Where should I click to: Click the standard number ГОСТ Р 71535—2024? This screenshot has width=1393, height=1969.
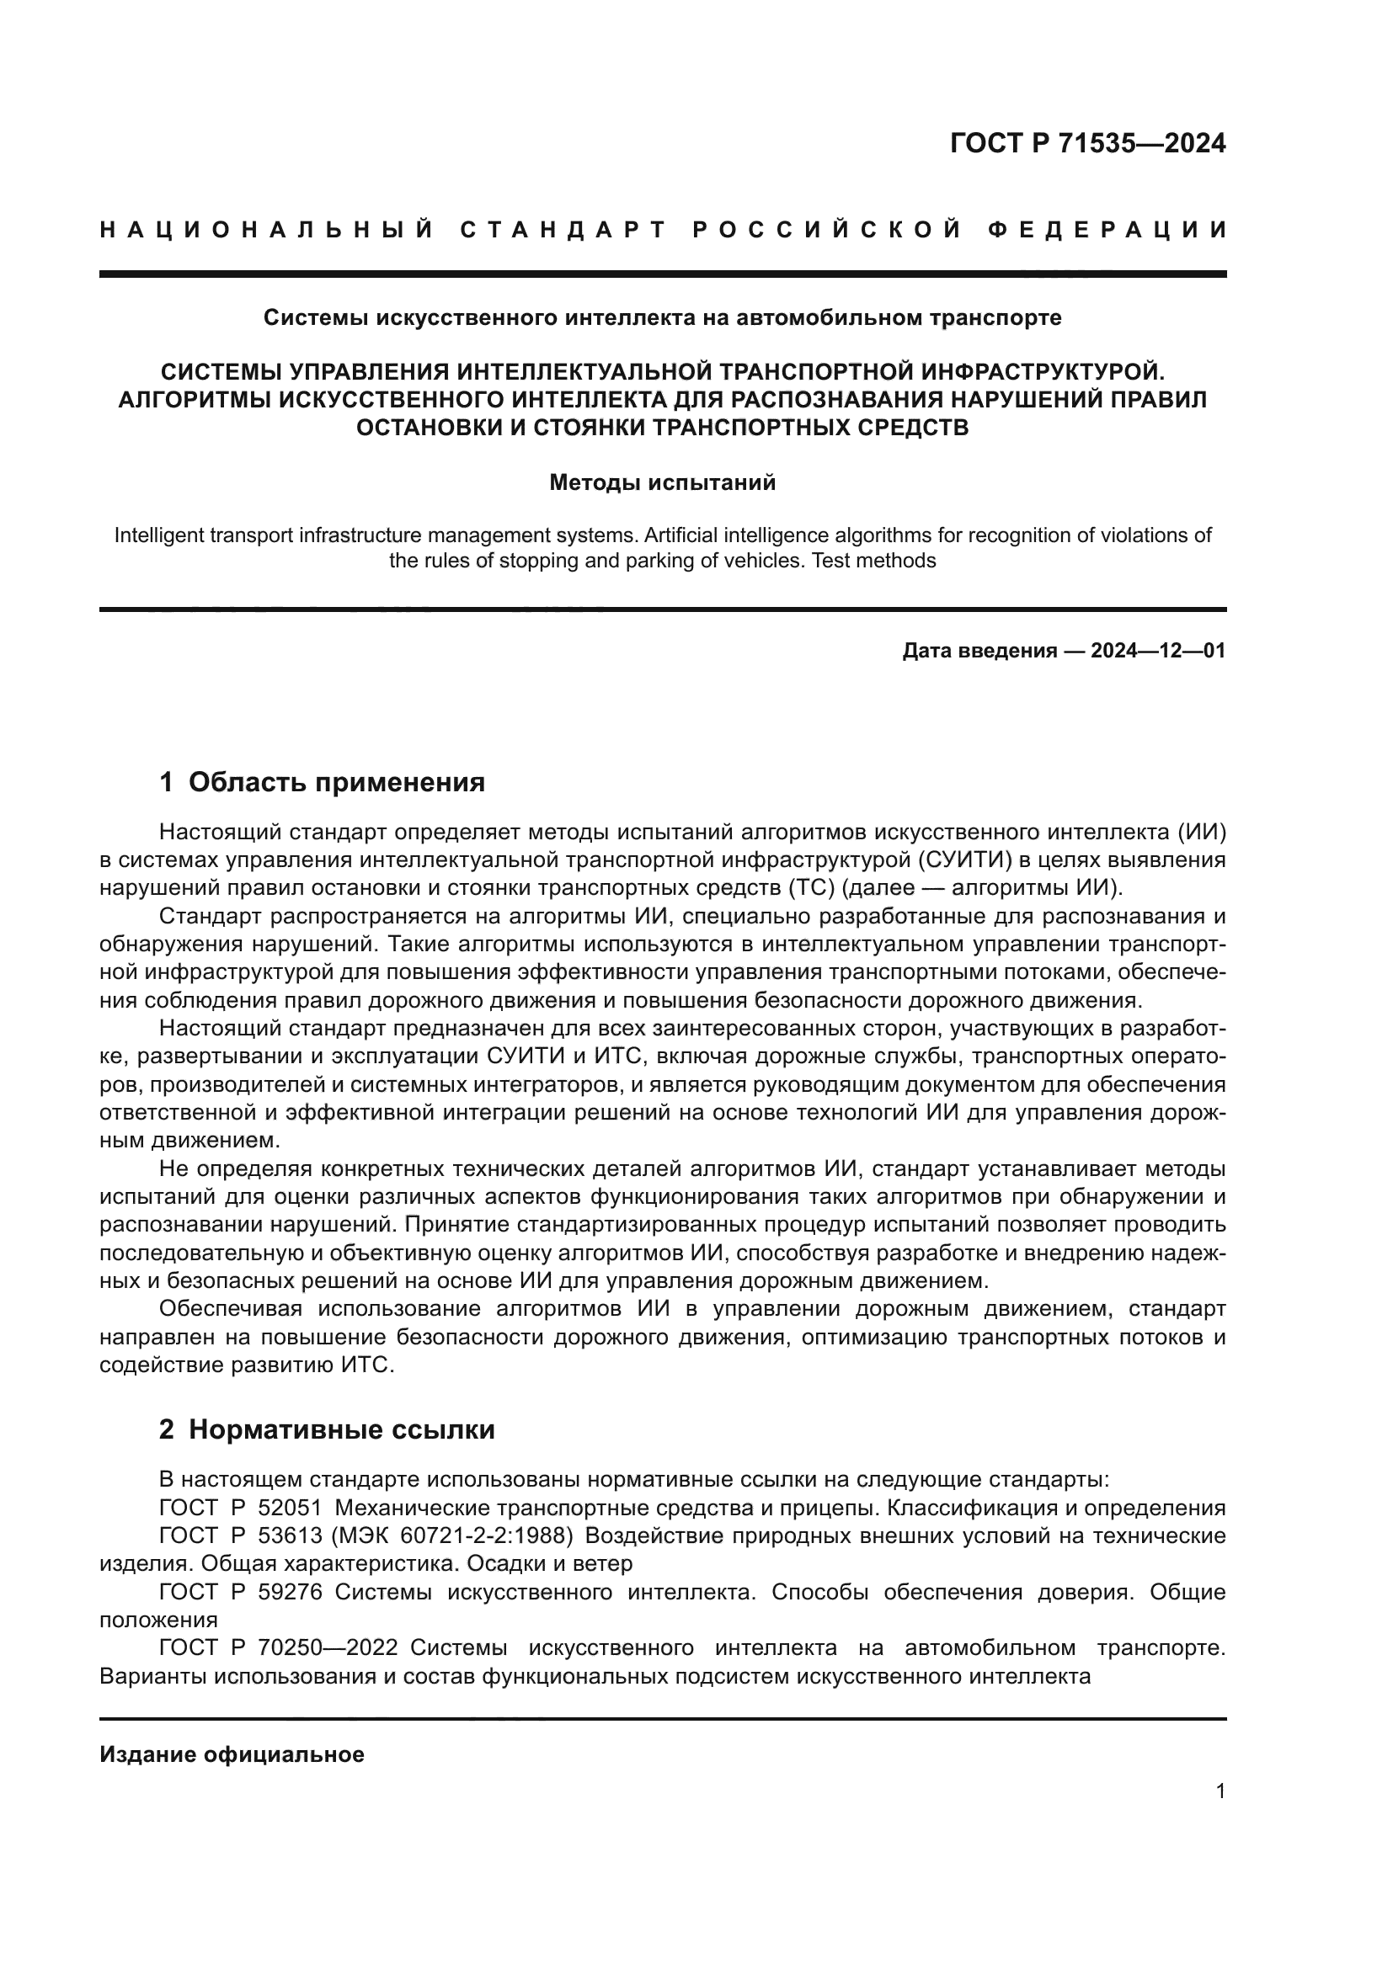tap(1087, 143)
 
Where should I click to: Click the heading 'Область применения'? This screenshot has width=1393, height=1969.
tap(336, 782)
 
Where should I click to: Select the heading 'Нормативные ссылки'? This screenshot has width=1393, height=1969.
tap(341, 1429)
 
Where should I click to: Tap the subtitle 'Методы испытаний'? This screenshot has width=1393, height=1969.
tap(662, 483)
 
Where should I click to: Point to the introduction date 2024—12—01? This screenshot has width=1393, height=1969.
tap(1158, 651)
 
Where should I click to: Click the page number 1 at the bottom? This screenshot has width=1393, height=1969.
tap(1220, 1791)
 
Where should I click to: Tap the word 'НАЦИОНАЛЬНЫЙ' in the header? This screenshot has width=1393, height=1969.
tap(267, 230)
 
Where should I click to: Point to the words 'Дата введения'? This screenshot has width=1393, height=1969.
tap(979, 651)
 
